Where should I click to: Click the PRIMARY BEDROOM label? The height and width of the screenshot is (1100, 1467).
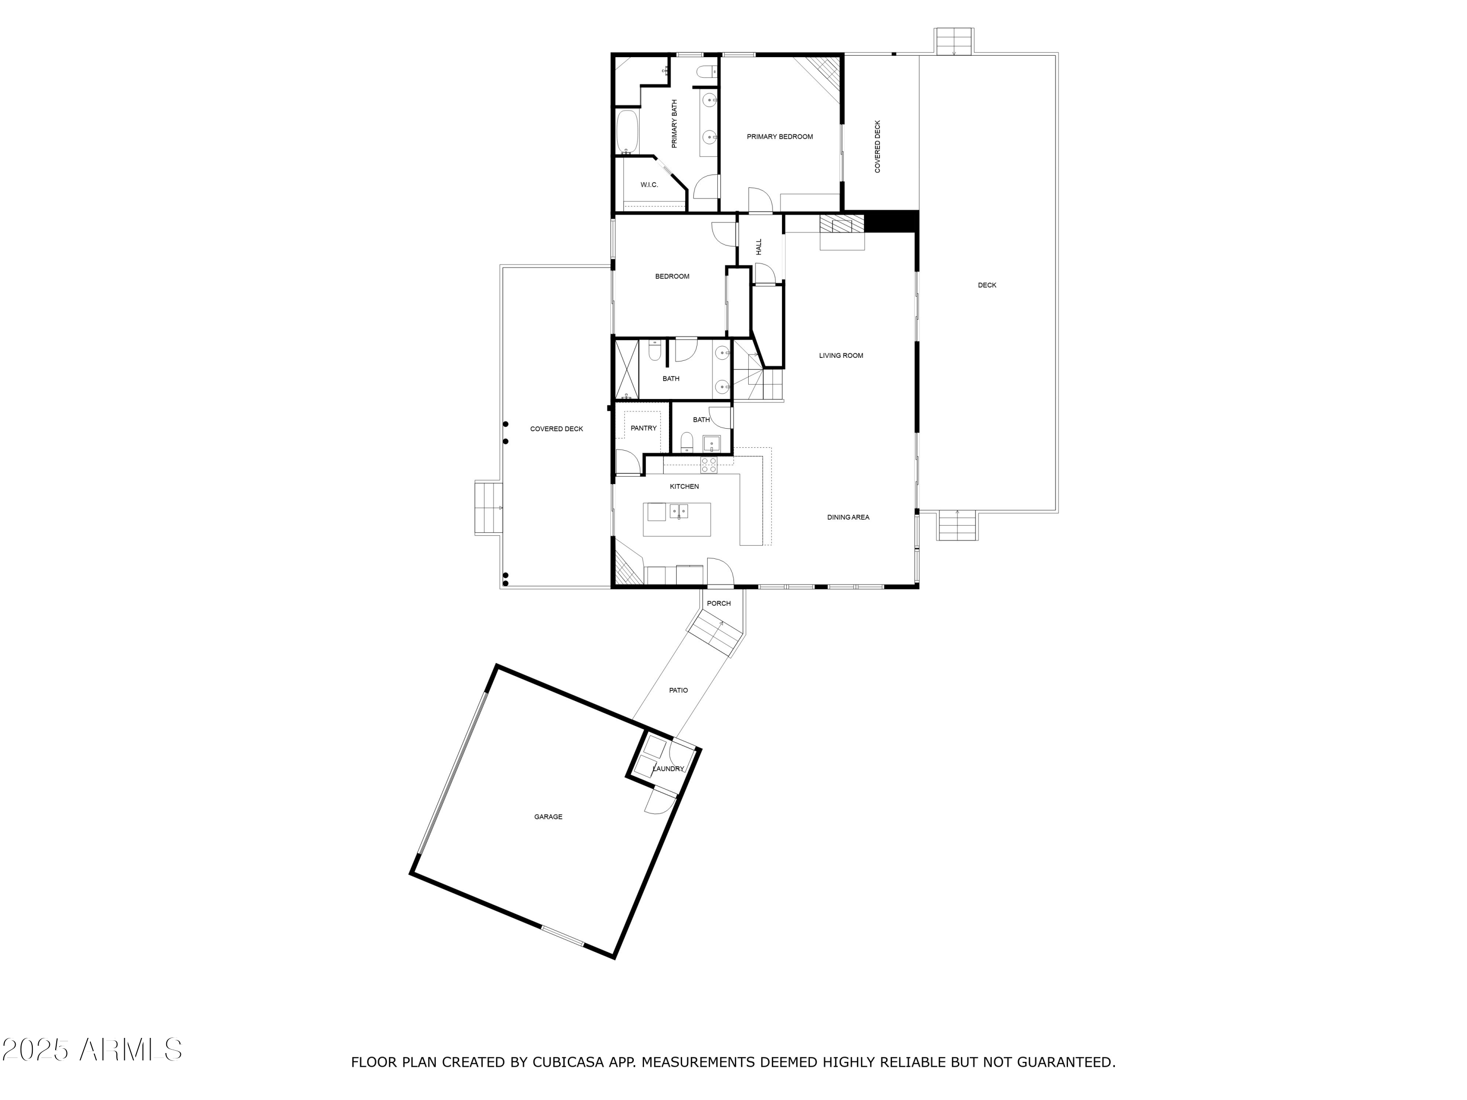point(779,136)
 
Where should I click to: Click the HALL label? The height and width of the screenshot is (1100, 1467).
point(759,247)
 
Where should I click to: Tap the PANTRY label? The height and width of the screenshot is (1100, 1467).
point(644,428)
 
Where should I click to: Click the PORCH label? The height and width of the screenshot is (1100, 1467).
point(718,603)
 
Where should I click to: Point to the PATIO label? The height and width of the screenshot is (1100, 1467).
point(678,690)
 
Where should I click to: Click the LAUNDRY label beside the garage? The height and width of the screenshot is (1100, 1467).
point(668,769)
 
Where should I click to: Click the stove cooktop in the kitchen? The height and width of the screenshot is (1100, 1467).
point(709,465)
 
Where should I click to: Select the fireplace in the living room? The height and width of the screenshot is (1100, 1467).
point(842,225)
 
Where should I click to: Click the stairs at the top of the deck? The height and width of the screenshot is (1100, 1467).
point(954,42)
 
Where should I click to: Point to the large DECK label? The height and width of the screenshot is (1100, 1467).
point(987,285)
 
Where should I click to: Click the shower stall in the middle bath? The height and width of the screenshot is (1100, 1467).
point(627,369)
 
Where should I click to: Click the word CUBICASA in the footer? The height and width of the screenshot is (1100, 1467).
point(568,1062)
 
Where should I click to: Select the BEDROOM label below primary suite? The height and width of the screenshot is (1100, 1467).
point(672,277)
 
